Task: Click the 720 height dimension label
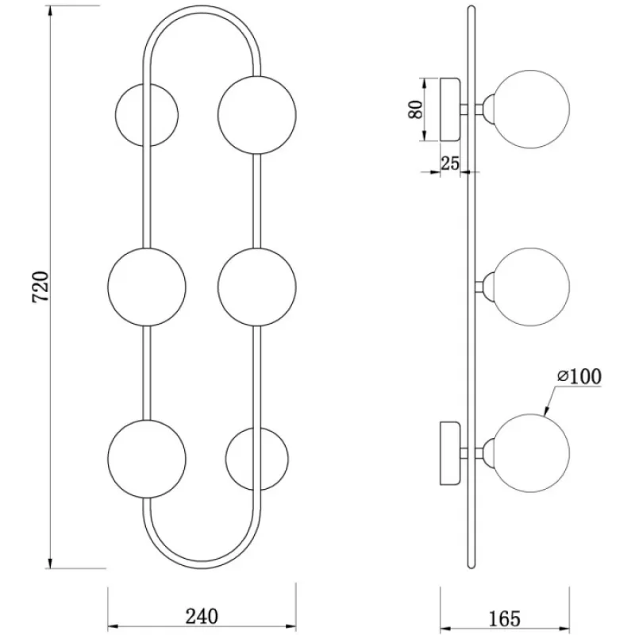click(x=40, y=287)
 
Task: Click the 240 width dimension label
click(x=202, y=617)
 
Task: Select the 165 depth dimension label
click(x=504, y=619)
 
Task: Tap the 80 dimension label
click(x=415, y=110)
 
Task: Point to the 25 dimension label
click(x=450, y=164)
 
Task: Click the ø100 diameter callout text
click(x=579, y=376)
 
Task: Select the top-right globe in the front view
click(x=256, y=115)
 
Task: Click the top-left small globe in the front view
click(x=147, y=114)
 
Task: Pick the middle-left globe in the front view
click(x=147, y=287)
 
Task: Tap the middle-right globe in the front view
click(x=256, y=287)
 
